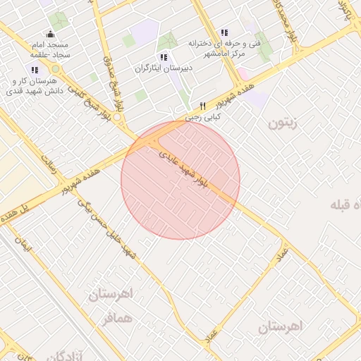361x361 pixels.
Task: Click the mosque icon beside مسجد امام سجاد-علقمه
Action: (49, 34)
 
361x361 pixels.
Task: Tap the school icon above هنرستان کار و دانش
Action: (34, 69)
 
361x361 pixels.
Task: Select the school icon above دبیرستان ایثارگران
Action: (164, 57)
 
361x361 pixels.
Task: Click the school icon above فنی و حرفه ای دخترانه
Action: (224, 32)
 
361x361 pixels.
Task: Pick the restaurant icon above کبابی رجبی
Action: (202, 106)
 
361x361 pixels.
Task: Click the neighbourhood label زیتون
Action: (283, 123)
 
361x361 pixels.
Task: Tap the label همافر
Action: (116, 319)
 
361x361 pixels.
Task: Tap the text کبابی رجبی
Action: (204, 117)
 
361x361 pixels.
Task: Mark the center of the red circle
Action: (180, 180)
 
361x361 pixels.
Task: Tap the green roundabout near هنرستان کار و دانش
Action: (56, 69)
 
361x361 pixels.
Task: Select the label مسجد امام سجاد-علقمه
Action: (50, 49)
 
